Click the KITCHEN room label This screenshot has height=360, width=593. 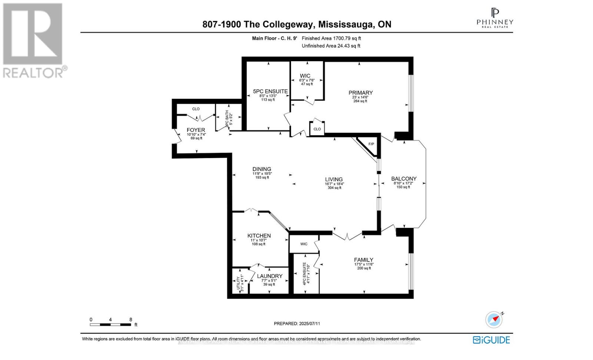259,236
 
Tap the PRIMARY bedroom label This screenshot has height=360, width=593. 360,93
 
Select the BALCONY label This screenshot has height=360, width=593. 404,179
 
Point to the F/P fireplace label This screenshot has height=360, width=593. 371,144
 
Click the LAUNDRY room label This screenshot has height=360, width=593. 269,276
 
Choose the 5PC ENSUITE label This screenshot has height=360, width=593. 270,91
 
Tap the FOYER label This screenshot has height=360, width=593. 196,130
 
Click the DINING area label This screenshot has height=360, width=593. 262,169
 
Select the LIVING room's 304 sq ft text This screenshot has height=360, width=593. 334,188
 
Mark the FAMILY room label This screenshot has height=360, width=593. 363,260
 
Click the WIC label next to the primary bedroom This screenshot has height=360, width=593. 305,76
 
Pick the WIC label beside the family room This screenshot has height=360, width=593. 304,244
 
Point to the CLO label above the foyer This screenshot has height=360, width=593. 196,109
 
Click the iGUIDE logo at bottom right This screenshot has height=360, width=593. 491,340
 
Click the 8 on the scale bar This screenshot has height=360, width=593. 131,320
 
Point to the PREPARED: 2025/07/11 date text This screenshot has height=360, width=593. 297,323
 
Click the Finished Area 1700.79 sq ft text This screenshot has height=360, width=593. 331,38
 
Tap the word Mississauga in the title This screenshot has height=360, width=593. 346,24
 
